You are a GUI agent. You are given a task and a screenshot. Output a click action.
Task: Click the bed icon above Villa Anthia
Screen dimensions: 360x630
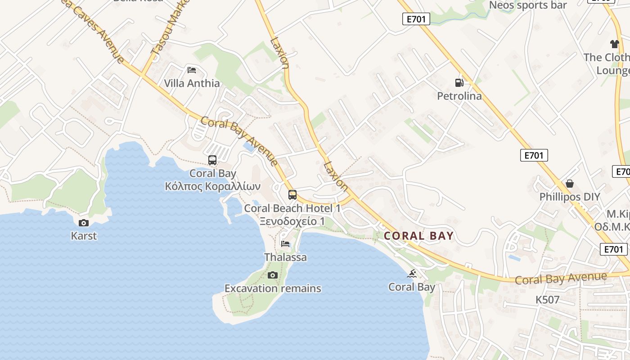click(192, 70)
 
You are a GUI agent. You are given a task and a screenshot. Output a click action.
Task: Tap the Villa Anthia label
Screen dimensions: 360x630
click(192, 83)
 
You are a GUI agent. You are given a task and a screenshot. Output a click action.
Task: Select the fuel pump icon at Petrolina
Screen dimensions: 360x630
click(459, 82)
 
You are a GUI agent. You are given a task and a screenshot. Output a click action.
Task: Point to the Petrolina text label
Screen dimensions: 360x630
click(459, 96)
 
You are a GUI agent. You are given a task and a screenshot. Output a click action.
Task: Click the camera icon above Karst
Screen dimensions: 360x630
click(84, 223)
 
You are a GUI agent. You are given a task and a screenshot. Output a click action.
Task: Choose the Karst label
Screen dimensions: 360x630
click(84, 236)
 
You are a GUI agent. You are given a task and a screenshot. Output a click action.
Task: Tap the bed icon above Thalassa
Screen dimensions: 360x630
click(285, 244)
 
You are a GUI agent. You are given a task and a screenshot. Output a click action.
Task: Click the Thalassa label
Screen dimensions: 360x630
click(285, 257)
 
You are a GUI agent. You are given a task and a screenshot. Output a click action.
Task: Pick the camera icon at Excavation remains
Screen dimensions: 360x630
click(272, 275)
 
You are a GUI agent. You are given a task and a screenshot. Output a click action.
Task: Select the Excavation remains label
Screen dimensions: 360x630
click(273, 288)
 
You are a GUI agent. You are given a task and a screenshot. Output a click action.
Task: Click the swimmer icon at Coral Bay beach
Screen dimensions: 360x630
click(412, 274)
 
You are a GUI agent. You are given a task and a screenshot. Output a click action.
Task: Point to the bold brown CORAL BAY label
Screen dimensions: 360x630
click(418, 236)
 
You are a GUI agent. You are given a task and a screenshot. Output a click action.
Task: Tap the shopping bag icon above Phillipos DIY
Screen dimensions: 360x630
click(570, 184)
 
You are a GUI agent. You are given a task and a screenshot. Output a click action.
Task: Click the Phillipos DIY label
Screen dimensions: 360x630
click(570, 197)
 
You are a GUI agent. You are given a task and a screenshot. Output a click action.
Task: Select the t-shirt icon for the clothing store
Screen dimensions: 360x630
click(615, 44)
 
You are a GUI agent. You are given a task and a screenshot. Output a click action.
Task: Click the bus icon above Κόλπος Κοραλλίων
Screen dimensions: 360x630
click(212, 160)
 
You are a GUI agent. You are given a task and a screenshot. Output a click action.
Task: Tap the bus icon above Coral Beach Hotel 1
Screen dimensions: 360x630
click(292, 195)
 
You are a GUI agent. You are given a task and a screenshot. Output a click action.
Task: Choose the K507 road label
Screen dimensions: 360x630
click(547, 300)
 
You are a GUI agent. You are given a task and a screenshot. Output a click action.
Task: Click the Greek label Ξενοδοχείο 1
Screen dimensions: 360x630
click(292, 221)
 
